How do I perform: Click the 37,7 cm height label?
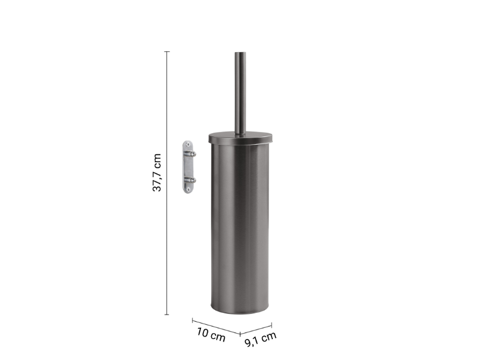click(157, 172)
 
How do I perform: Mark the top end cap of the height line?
click(167, 52)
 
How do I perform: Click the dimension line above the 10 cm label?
click(216, 326)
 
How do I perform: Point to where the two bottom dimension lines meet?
click(240, 333)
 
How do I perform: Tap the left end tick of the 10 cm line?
click(193, 319)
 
